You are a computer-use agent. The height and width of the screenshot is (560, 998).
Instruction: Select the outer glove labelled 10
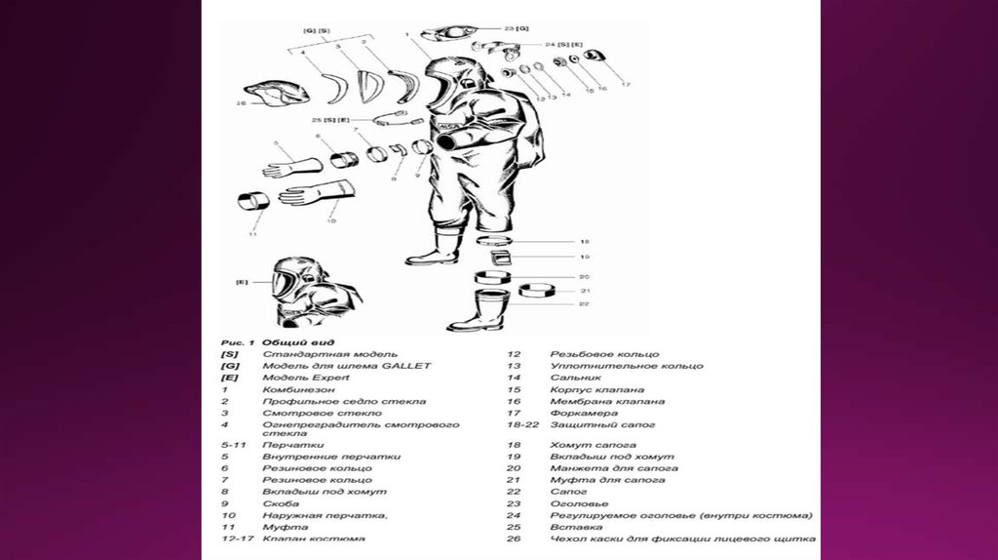point(316,192)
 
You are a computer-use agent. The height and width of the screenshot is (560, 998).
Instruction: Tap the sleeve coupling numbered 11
point(253,204)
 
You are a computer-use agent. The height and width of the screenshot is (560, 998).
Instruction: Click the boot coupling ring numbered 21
point(537,291)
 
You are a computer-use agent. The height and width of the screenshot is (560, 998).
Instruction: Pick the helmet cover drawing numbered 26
point(277,94)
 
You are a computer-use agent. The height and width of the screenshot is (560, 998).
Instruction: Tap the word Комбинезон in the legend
point(298,389)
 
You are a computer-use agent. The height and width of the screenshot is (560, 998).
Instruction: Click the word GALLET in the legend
point(405,365)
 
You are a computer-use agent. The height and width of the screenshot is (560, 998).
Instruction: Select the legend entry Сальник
point(576,377)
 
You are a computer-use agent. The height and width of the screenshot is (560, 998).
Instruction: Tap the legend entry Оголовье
point(579,502)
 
